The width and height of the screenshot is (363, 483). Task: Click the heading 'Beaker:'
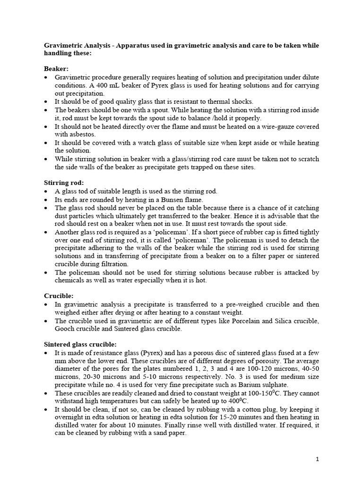pyautogui.click(x=57, y=68)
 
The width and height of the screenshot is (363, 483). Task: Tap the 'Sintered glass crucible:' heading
pyautogui.click(x=81, y=344)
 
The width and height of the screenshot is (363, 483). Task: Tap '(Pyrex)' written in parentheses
pyautogui.click(x=151, y=353)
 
